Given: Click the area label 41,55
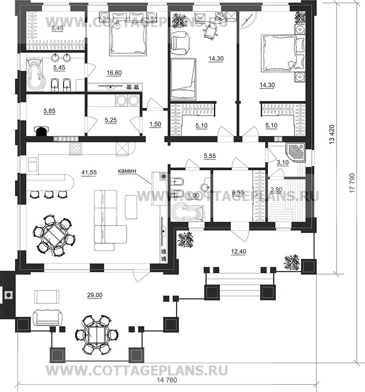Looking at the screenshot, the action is point(89,172).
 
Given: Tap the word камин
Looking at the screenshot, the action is point(127,171).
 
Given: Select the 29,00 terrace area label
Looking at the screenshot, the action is point(95,295).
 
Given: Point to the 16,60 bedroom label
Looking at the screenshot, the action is point(114,73).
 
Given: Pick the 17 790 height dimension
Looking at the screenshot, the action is point(352,183).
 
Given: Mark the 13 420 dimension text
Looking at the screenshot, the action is point(332,135).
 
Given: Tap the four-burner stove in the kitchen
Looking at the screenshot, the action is point(76,149).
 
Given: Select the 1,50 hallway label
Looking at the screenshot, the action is point(155,124).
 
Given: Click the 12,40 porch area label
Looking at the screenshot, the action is point(238,251).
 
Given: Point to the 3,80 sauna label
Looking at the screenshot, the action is point(276,189).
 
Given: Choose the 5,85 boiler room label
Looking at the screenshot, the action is point(49,111).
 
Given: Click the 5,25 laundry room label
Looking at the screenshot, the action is point(111,120).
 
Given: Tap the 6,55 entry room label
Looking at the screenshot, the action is point(238,192).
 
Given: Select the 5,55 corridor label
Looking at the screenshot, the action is point(210,156).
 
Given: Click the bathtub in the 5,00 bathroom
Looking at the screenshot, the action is point(188,212).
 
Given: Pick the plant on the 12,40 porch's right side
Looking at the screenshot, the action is point(292,263).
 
